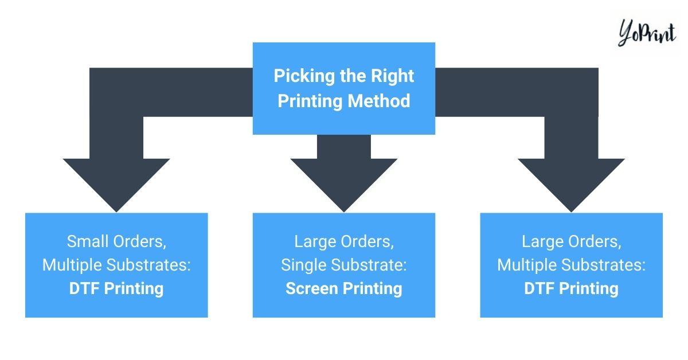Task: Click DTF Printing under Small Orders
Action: tap(116, 288)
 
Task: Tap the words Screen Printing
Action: tap(344, 288)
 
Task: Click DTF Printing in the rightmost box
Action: tap(572, 288)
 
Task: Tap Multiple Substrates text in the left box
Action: tap(116, 265)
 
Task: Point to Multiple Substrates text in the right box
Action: tap(572, 265)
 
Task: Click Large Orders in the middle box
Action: tap(344, 241)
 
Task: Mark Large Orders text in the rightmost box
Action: tap(572, 241)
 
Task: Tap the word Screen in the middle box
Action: tap(313, 288)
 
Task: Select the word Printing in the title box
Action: tap(310, 101)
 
